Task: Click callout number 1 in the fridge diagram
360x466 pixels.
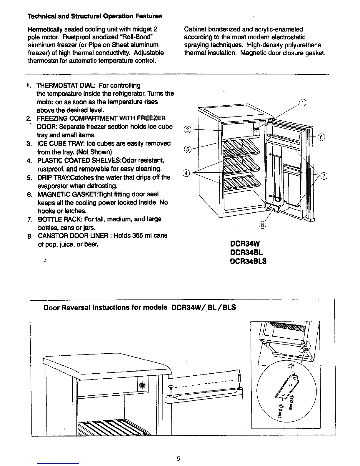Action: (x=303, y=103)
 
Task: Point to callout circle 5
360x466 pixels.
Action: (x=188, y=149)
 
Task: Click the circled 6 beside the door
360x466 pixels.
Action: (x=321, y=137)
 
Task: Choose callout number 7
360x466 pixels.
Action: (x=324, y=176)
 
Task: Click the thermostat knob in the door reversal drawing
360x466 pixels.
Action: (x=142, y=385)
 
